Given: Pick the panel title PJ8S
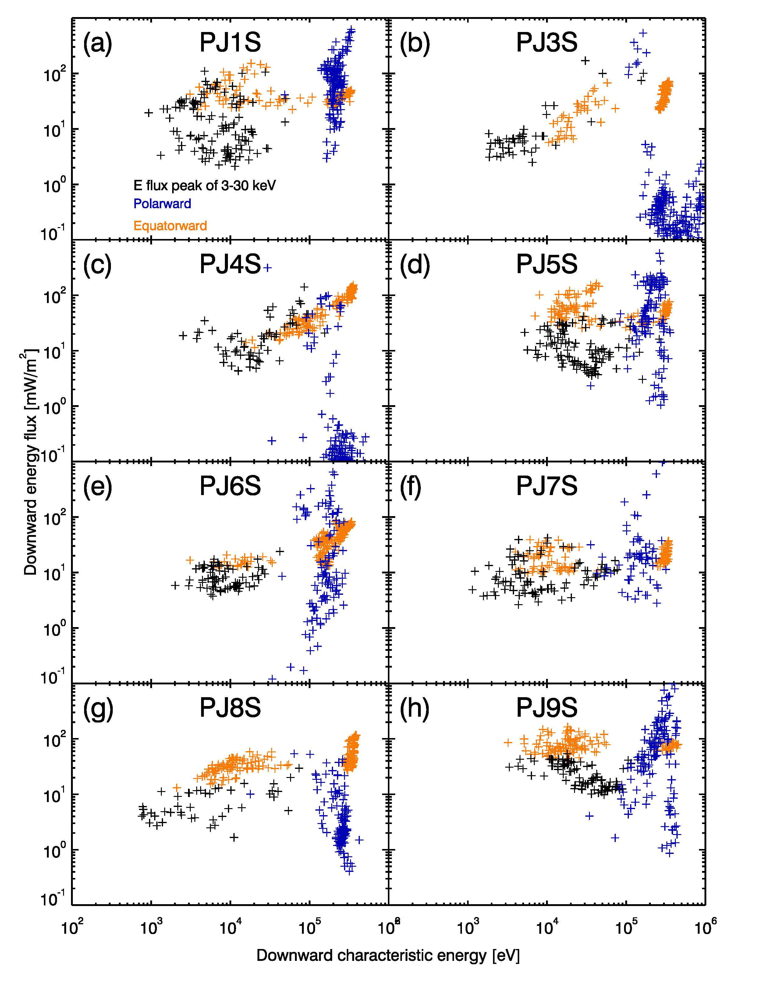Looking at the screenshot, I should click(x=230, y=708).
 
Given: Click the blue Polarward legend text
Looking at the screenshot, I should click(x=162, y=204).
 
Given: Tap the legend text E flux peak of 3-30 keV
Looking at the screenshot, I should click(x=204, y=186).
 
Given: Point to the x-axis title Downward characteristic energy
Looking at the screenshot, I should click(x=388, y=955).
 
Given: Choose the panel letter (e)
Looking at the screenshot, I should click(x=97, y=487).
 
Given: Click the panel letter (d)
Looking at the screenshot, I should click(x=414, y=265).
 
